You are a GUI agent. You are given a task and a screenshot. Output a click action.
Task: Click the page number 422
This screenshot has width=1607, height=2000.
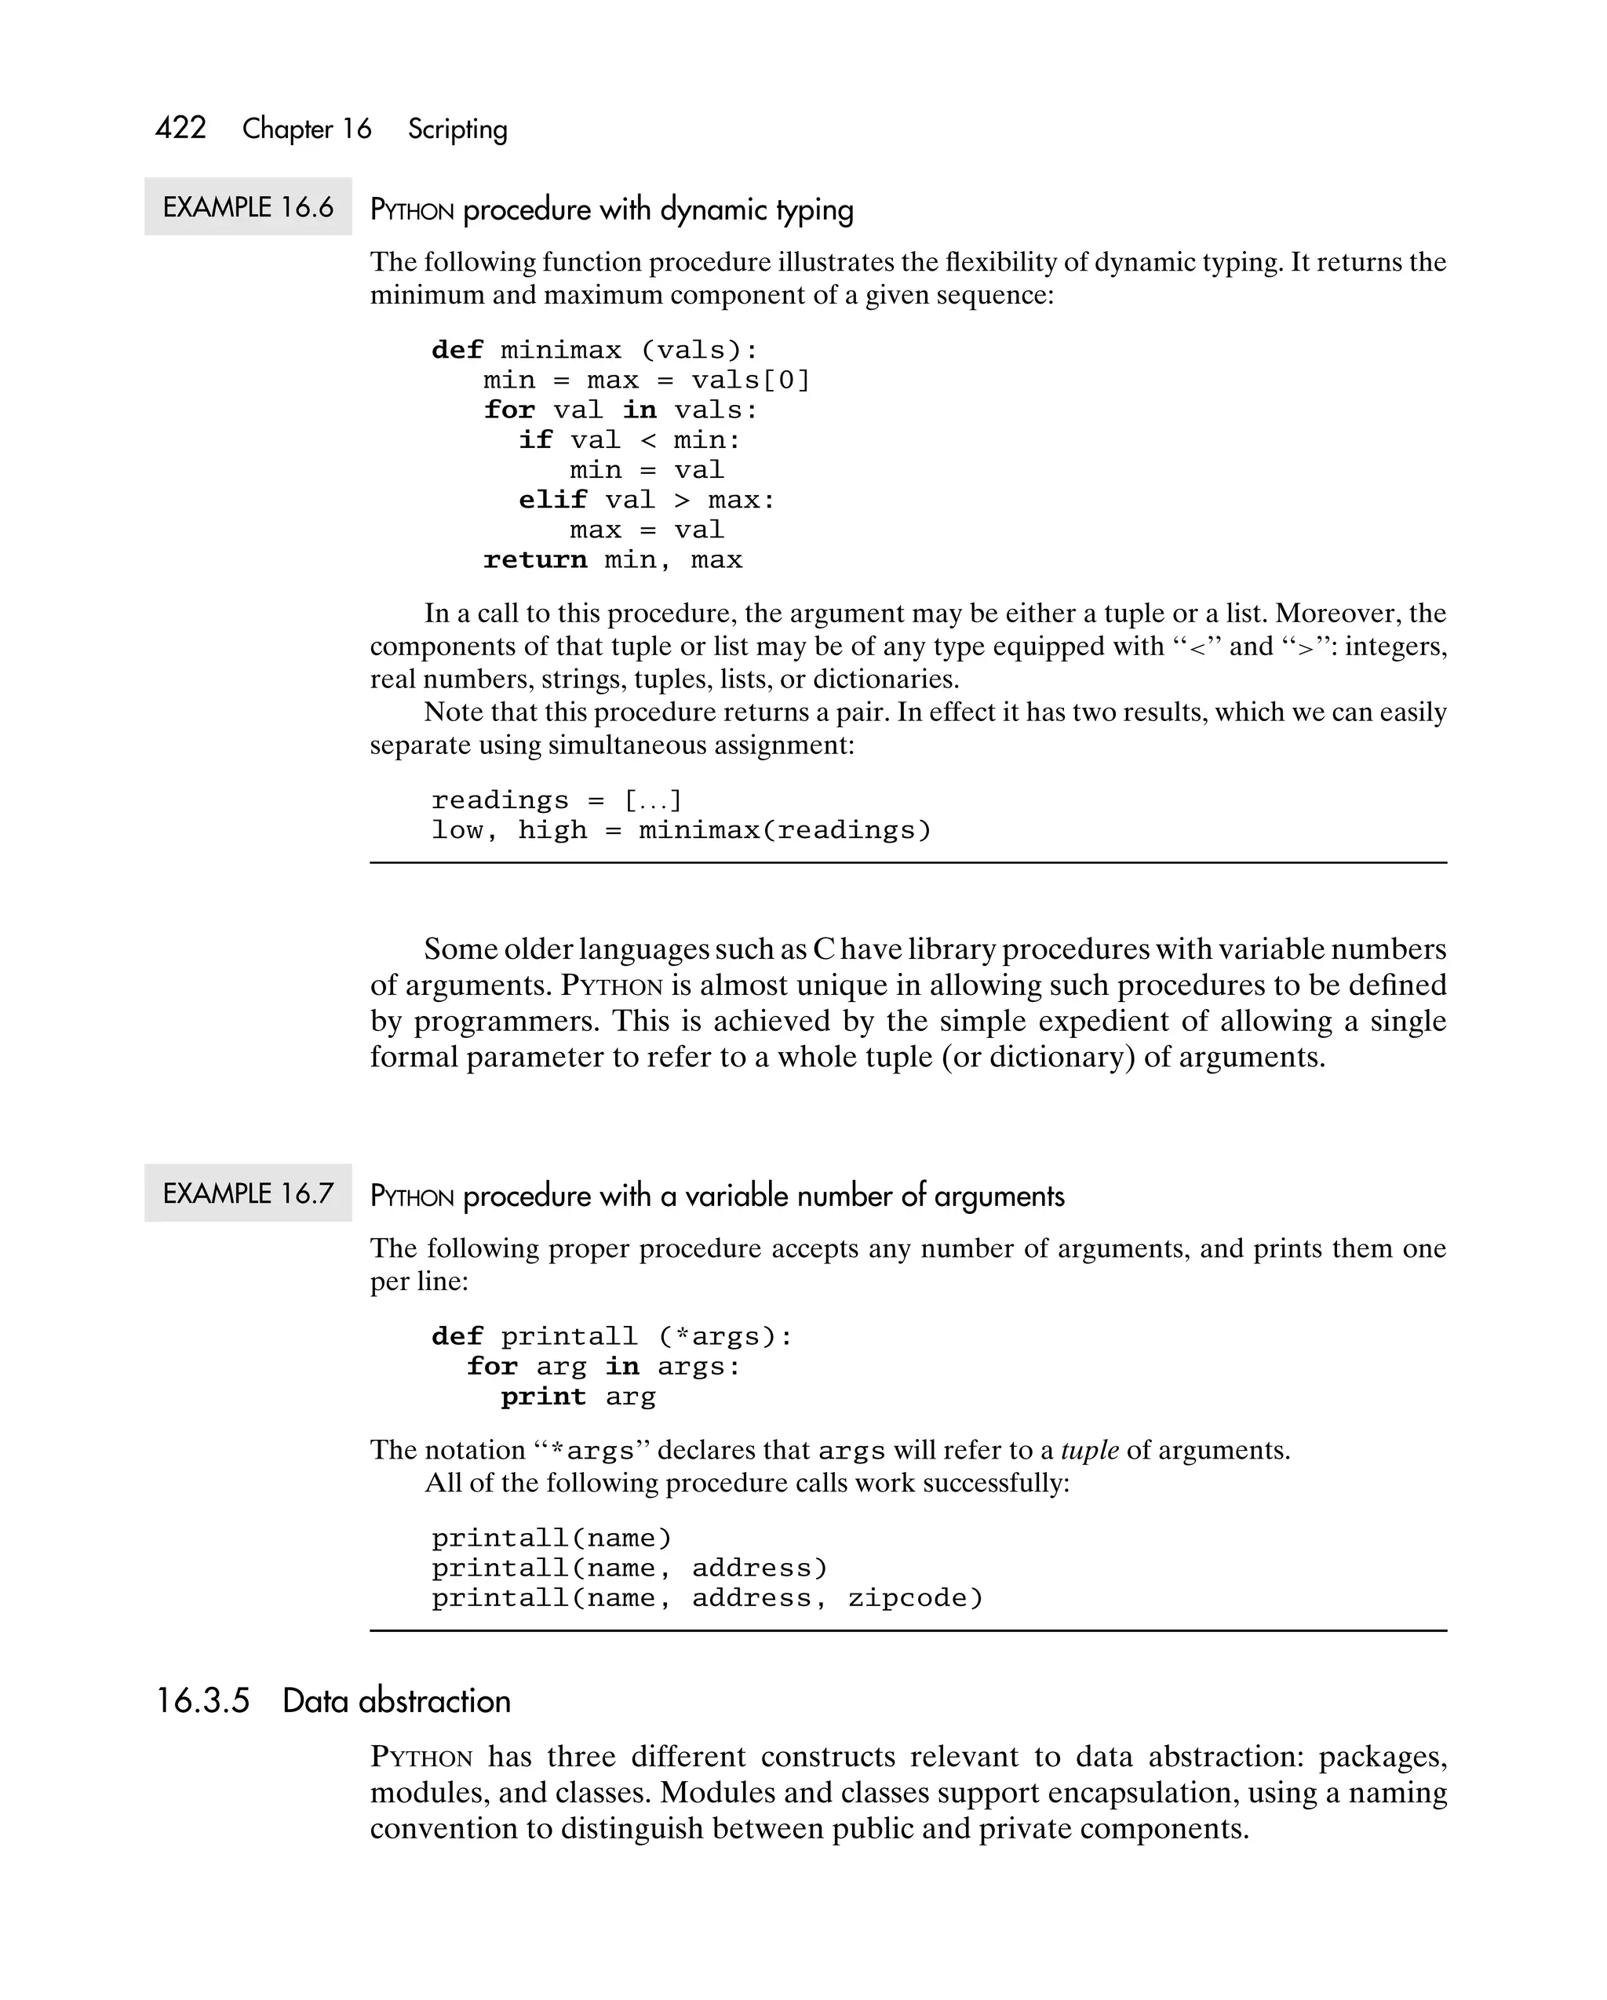click(181, 127)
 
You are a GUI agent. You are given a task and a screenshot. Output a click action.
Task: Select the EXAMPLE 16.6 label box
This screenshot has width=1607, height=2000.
click(248, 207)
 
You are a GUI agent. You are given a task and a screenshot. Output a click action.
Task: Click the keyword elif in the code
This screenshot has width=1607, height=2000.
click(552, 500)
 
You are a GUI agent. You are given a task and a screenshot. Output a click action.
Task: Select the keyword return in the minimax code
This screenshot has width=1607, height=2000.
click(534, 559)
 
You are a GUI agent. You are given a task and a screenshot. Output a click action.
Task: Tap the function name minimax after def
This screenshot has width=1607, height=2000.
click(560, 350)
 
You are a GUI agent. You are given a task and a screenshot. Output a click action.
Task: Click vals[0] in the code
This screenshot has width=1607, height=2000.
click(751, 381)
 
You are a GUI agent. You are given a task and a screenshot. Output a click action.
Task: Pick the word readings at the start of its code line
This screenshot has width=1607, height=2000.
click(499, 800)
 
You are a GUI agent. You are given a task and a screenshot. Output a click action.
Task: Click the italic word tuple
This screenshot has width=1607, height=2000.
click(1089, 1450)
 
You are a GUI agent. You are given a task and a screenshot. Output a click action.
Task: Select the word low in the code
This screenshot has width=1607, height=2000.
click(457, 829)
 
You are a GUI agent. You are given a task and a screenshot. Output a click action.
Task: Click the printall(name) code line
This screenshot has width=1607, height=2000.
click(551, 1538)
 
